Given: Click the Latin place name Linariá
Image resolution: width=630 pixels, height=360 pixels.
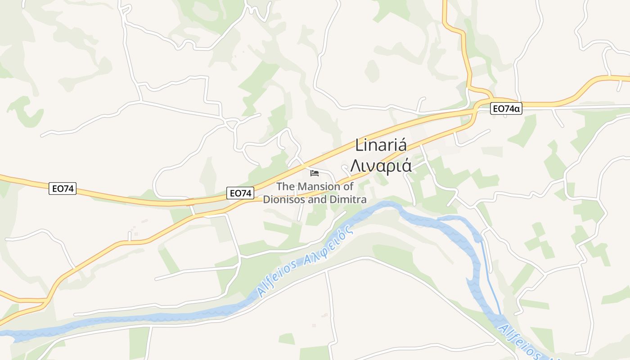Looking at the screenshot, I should pos(381,145).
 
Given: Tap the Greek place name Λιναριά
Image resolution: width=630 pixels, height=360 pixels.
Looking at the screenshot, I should pos(381,166).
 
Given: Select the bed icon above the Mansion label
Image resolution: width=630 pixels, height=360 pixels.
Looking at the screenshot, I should pos(314,173).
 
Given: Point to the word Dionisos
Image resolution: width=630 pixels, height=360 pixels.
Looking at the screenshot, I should pos(283,199).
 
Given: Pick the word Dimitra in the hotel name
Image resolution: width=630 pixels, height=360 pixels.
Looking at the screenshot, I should pos(349,199).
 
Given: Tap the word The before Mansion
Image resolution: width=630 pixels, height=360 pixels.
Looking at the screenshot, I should pos(286,186).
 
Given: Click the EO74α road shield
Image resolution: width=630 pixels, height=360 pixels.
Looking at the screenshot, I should pos(506,108).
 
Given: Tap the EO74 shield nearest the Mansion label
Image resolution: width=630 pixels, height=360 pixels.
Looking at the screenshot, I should pos(240,193).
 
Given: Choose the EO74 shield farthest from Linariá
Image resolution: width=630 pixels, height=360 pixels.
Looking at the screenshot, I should pos(63,189).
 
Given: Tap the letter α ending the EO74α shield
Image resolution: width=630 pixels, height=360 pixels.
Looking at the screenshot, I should pos(517,108).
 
